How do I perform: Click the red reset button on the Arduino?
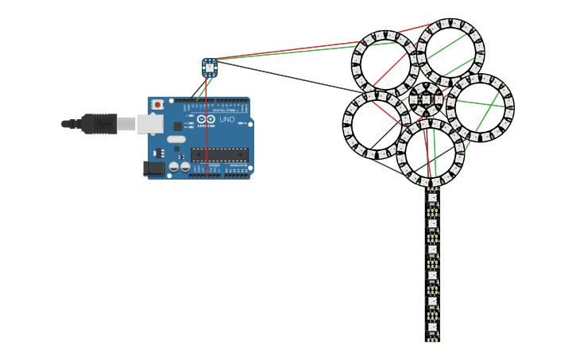point(157,105)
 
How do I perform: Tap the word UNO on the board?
point(227,119)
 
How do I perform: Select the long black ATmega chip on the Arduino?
point(219,154)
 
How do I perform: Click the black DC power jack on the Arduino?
point(154,168)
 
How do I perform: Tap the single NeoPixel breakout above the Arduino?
point(210,68)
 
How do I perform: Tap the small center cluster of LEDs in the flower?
point(427,99)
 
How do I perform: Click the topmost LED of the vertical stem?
point(432,198)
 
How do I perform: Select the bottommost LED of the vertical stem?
point(432,327)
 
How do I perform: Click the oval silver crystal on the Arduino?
point(176,139)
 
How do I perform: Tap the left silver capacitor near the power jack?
point(174,167)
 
